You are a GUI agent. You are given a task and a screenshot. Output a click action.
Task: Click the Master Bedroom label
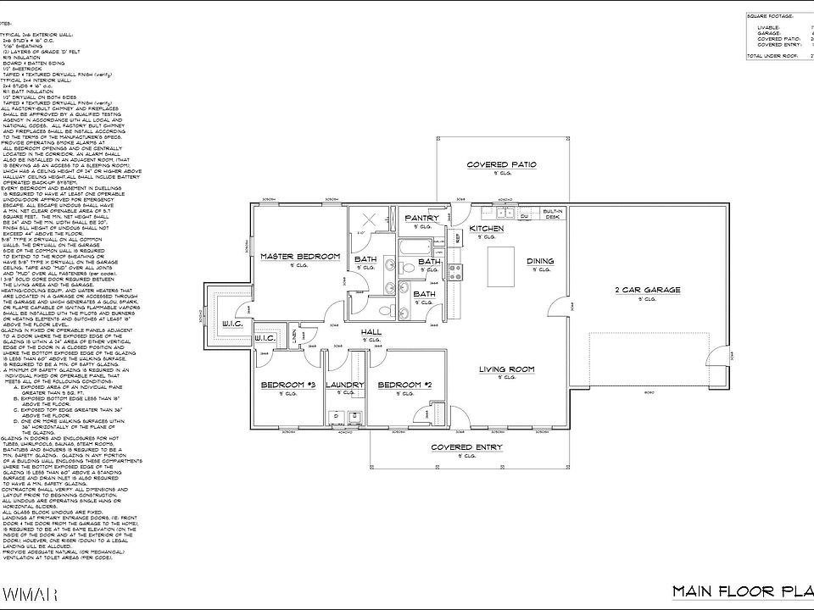(299, 256)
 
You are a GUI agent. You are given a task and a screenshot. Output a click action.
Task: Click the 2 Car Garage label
(648, 290)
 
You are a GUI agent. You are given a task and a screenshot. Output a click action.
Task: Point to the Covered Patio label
(502, 164)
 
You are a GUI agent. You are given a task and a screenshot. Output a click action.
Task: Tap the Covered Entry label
(466, 447)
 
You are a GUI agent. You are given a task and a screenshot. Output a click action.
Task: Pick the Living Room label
(506, 369)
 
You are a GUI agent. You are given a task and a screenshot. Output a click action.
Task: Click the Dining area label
(540, 261)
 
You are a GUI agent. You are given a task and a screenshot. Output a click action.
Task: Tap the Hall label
(371, 331)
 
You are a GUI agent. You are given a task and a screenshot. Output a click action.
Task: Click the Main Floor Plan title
(742, 591)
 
